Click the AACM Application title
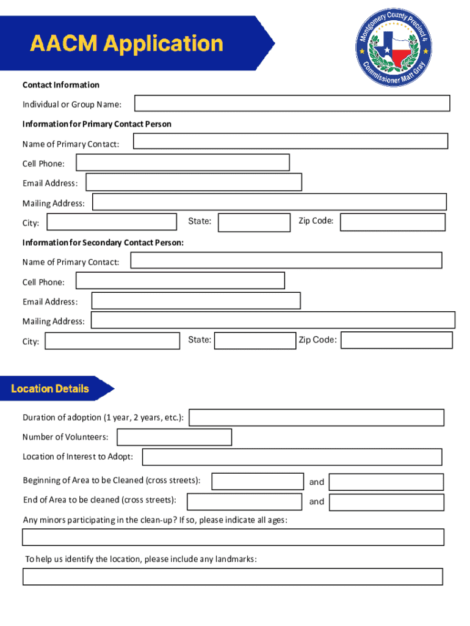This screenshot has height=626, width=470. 127,44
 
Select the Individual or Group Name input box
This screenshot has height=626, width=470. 292,103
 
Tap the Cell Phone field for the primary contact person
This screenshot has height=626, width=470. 182,163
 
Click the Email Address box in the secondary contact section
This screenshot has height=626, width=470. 195,301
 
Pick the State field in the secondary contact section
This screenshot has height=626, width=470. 255,341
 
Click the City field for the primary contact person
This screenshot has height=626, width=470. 112,222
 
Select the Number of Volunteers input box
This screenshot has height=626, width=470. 174,437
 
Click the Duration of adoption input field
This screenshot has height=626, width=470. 317,418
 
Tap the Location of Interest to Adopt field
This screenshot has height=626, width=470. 292,457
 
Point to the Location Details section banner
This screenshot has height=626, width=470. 55,389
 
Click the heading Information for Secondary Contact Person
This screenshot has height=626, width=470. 103,243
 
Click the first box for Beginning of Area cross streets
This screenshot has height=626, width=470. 257,481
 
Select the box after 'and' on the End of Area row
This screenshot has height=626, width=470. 386,502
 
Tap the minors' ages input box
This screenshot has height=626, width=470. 233,537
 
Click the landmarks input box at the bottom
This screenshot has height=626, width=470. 233,576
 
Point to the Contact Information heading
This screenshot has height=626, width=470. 61,85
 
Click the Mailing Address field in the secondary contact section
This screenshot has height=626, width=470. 273,320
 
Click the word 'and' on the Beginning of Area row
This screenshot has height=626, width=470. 317,482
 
